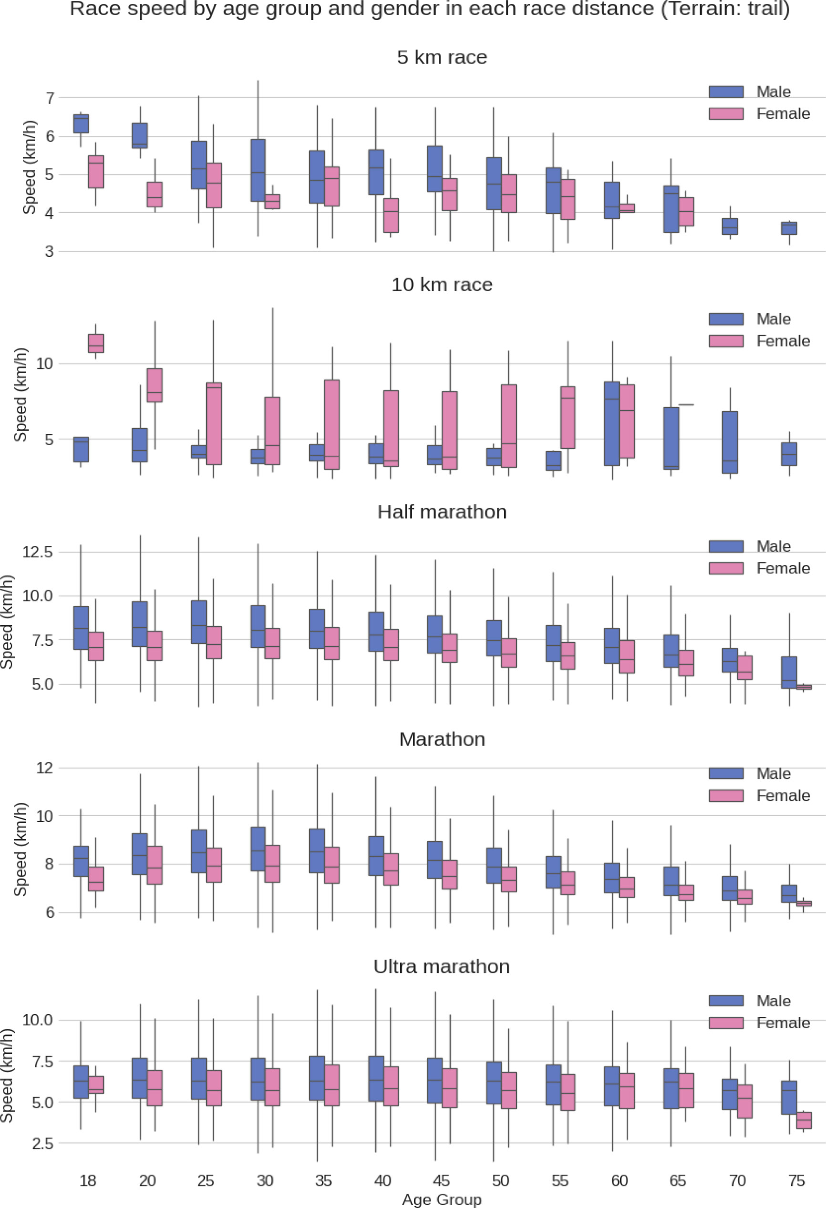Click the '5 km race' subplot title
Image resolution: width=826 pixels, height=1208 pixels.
(442, 57)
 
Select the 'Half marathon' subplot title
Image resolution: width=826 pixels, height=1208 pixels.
(442, 512)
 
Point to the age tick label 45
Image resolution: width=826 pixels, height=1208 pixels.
(441, 1180)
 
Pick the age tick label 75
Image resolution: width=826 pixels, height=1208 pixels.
(797, 1180)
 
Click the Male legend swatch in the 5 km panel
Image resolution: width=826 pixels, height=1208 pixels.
(726, 92)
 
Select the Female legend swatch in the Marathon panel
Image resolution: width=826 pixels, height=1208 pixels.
(726, 795)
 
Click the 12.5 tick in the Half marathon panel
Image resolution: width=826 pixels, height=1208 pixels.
(38, 552)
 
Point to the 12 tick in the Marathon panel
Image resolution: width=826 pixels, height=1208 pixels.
(45, 768)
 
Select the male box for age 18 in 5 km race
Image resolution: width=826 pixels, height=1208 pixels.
(81, 124)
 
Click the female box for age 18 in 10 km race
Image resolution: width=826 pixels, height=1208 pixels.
(96, 344)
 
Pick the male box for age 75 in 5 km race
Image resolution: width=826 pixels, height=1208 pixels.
(789, 228)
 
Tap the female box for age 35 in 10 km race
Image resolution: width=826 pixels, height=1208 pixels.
(332, 425)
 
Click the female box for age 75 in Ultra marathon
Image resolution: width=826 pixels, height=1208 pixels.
(804, 1120)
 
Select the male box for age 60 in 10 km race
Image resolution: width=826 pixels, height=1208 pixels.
(612, 424)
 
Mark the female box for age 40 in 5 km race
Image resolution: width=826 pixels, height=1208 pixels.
(391, 215)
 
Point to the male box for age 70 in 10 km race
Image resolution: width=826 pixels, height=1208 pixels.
(730, 442)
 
